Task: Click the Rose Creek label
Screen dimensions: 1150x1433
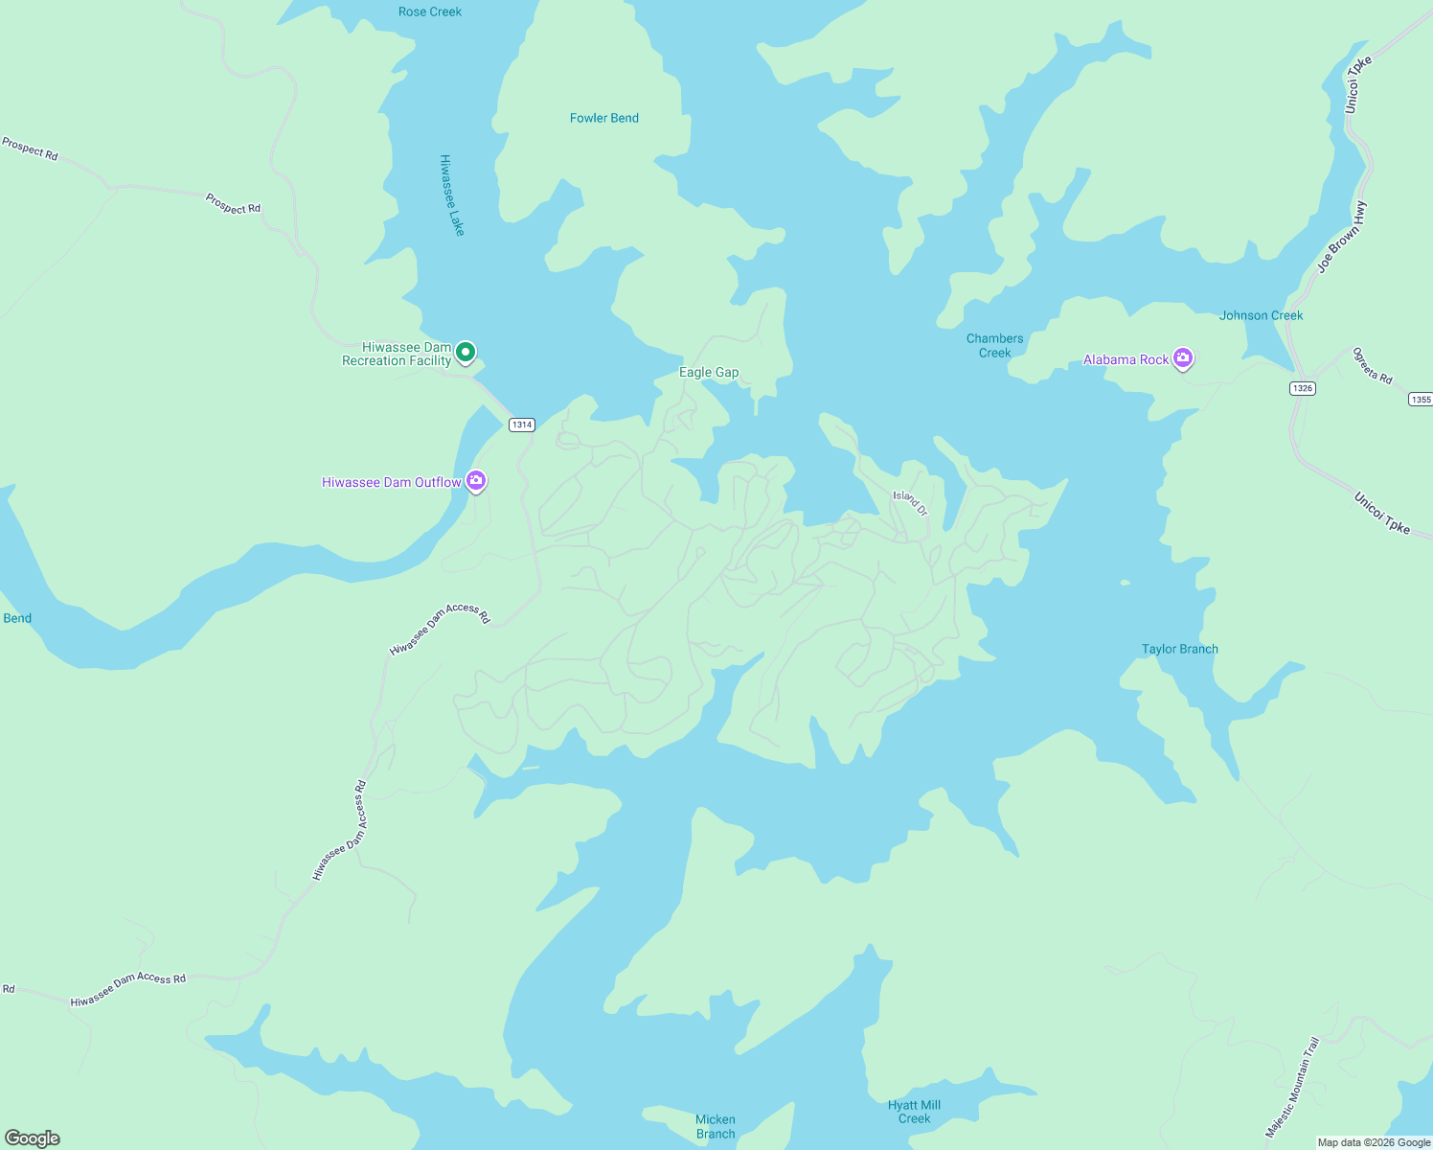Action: tap(430, 11)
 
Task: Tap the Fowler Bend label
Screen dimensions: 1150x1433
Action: tap(603, 118)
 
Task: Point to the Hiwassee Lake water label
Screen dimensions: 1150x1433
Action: tap(452, 195)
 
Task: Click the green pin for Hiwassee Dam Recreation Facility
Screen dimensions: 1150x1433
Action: tap(466, 353)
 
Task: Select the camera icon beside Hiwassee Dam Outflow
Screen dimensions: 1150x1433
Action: tap(476, 480)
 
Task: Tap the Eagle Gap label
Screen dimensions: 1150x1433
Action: tap(709, 372)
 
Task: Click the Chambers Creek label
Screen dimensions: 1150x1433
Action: tap(994, 345)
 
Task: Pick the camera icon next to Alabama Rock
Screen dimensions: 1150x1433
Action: tap(1183, 358)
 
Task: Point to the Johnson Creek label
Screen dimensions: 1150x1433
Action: tap(1261, 315)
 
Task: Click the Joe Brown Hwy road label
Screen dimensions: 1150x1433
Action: tap(1342, 238)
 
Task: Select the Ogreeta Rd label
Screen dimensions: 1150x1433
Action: tap(1372, 365)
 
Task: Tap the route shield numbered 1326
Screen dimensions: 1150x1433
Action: tap(1302, 388)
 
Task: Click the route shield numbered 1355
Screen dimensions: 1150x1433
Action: tap(1421, 400)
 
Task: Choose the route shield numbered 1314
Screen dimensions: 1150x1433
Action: tap(521, 425)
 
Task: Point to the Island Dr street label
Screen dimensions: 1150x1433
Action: tap(911, 502)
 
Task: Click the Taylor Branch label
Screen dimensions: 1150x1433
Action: tap(1179, 649)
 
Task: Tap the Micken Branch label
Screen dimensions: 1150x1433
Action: tap(716, 1126)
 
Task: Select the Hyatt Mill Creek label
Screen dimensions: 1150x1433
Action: tap(914, 1112)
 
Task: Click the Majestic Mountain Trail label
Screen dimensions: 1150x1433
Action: tap(1292, 1087)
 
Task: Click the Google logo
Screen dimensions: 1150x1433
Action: tap(33, 1138)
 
